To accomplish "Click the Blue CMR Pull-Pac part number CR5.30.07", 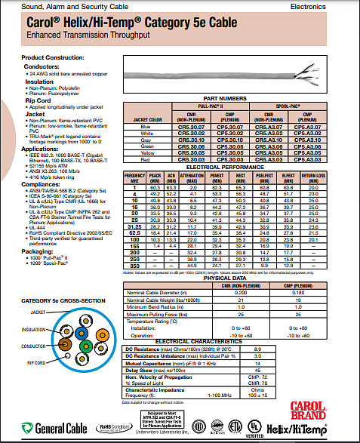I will click(189, 126).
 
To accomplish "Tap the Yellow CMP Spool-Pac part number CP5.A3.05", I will click(309, 154).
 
